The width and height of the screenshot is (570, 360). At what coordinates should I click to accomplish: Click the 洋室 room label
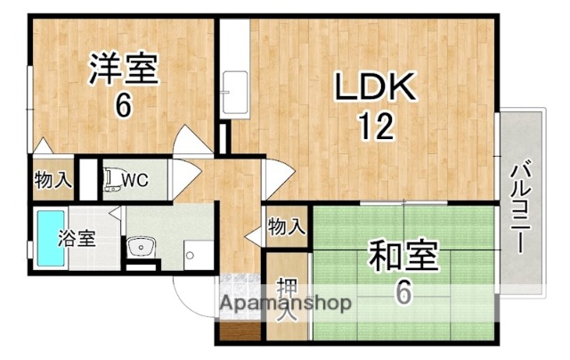(123, 70)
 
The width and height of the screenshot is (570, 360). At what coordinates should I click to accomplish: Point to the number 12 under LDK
(376, 127)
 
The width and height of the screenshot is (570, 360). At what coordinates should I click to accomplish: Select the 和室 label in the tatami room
(403, 258)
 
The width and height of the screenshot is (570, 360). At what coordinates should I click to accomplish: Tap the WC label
(134, 180)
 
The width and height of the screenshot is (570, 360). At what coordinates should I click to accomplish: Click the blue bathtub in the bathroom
(51, 239)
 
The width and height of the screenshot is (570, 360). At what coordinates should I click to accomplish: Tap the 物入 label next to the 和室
(286, 226)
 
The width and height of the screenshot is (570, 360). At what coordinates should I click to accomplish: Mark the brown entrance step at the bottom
(238, 333)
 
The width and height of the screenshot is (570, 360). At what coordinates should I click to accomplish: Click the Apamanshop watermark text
(285, 303)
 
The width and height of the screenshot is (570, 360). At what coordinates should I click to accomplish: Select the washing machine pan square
(196, 252)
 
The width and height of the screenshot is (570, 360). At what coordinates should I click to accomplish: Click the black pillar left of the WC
(87, 180)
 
